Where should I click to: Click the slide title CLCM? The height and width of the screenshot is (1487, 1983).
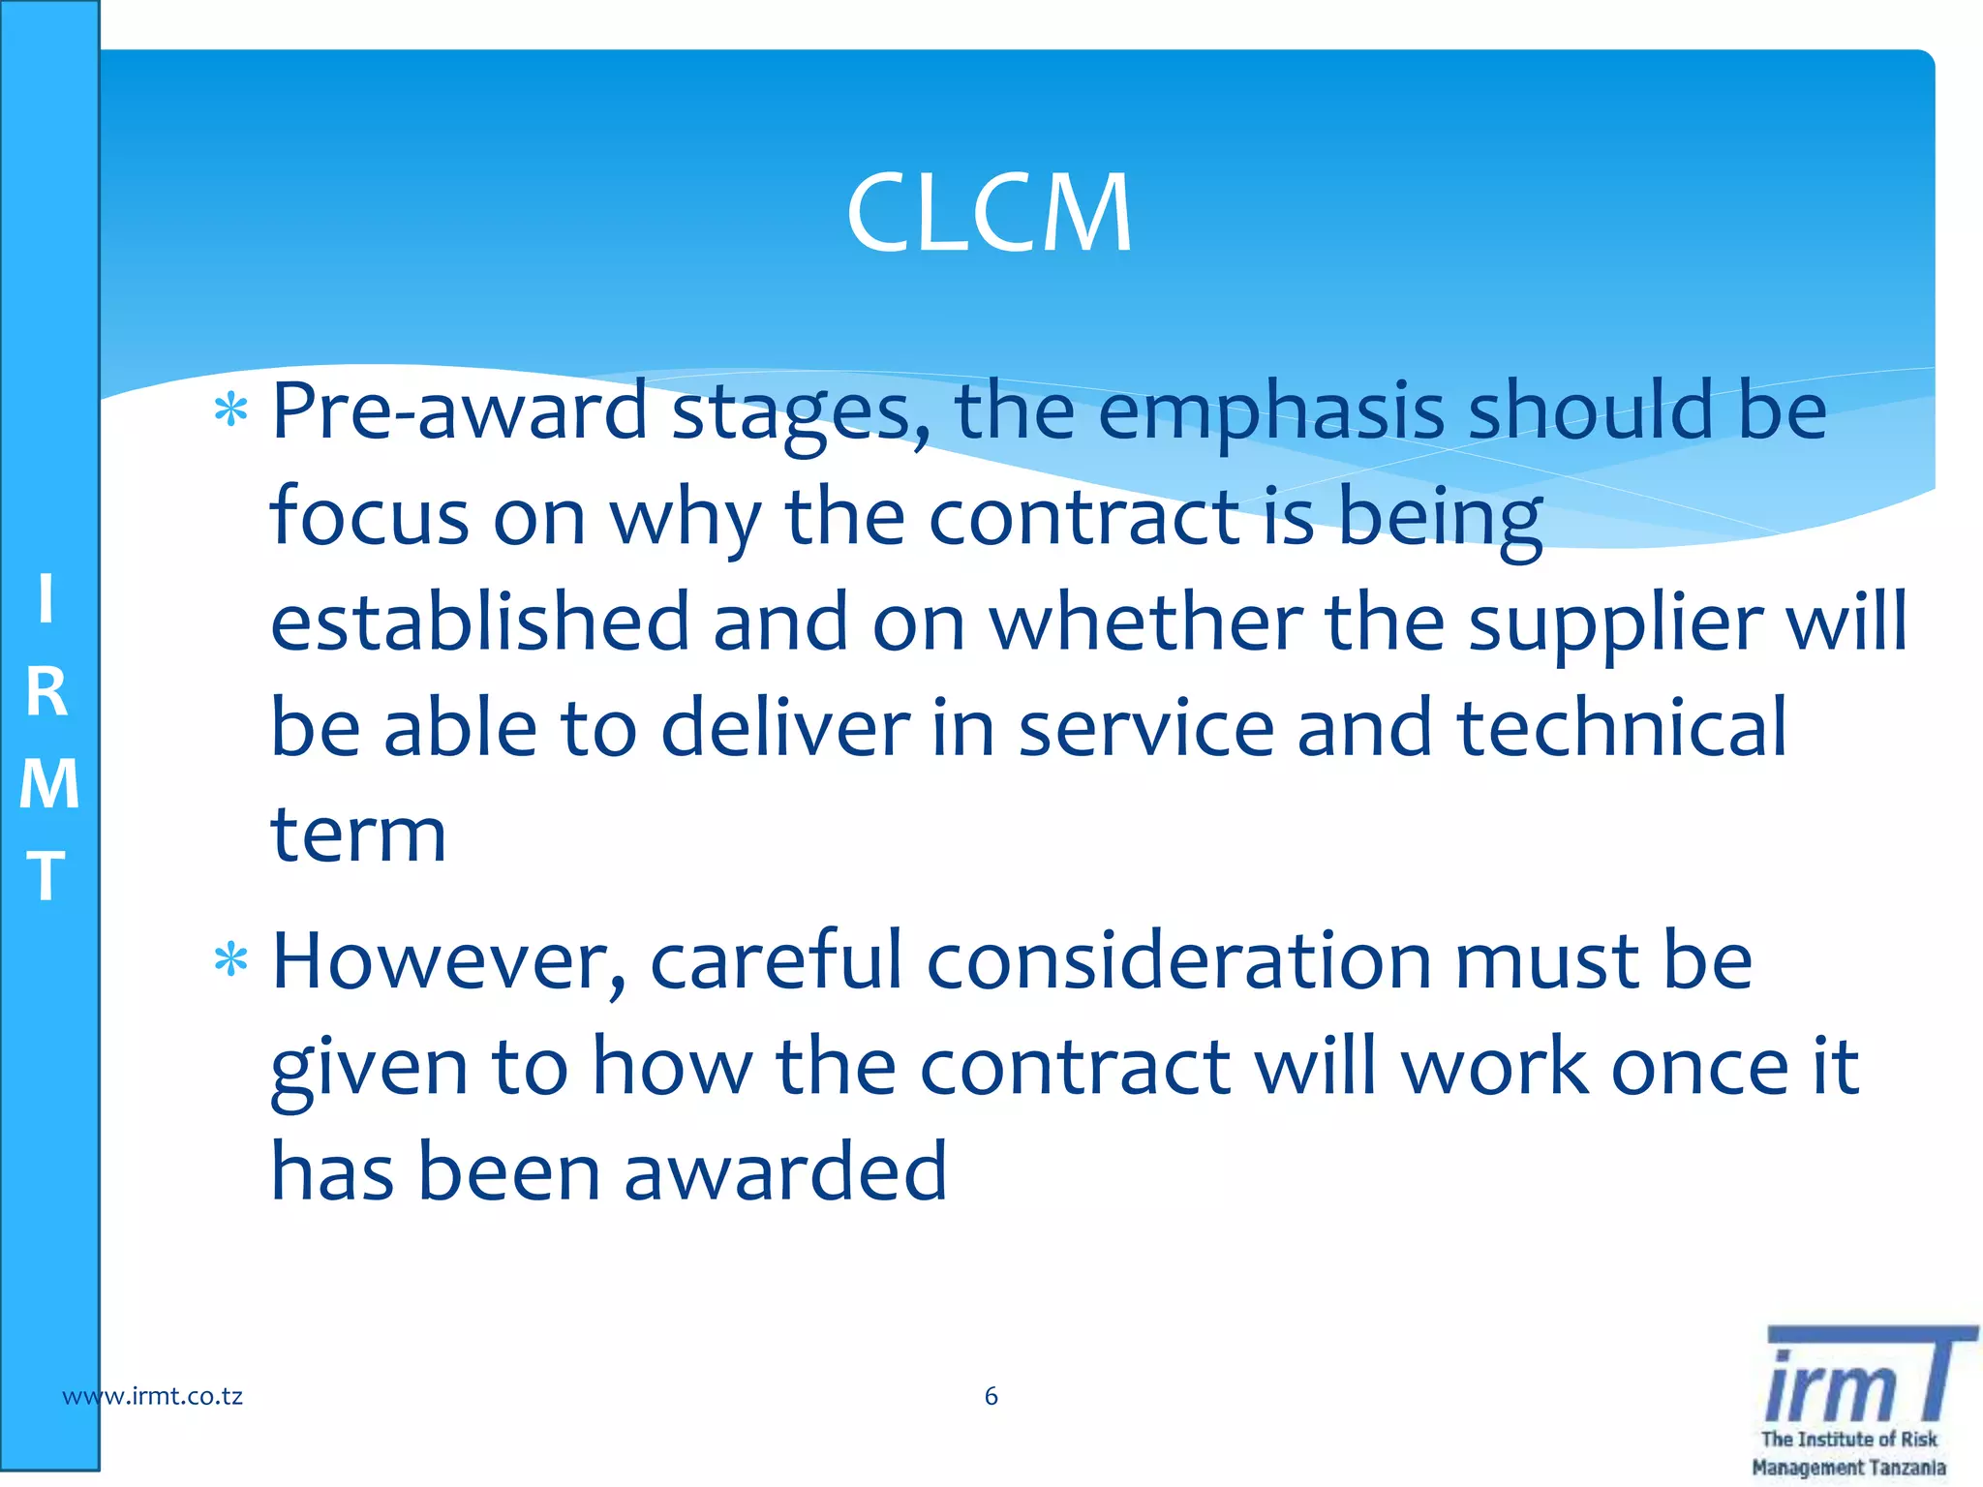[x=989, y=213]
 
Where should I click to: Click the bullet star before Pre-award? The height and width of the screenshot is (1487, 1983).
[x=231, y=411]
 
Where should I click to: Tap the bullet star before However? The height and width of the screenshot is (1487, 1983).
[x=231, y=960]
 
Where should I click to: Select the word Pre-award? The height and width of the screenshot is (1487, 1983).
[x=459, y=411]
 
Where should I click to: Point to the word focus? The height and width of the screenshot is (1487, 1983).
[x=369, y=517]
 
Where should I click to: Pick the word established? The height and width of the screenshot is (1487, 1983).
[x=479, y=622]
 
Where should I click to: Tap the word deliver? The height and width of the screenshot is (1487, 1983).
[x=785, y=728]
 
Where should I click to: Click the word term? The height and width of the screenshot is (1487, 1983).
[x=358, y=835]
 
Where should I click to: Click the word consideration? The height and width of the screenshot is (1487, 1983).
[x=1178, y=962]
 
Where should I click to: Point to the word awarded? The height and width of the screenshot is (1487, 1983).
[x=785, y=1171]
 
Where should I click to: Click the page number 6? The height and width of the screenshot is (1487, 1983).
[x=991, y=1396]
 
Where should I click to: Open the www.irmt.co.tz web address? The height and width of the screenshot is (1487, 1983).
[x=153, y=1396]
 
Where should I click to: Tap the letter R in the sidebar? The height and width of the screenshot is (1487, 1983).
[x=46, y=693]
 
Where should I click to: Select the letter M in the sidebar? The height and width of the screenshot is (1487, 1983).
[x=48, y=784]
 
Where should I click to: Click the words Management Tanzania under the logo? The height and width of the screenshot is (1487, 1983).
[x=1848, y=1468]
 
